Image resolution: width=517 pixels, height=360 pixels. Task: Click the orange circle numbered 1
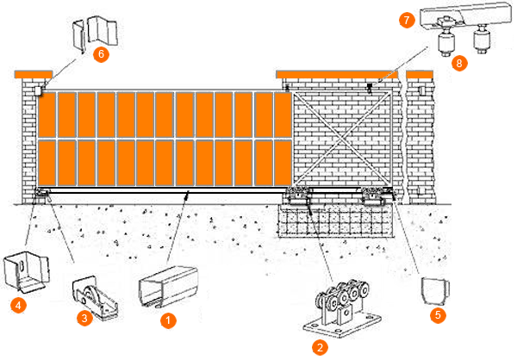pos(168,320)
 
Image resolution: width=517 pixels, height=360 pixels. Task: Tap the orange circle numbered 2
pos(320,347)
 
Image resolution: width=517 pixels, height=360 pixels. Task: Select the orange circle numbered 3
pos(84,318)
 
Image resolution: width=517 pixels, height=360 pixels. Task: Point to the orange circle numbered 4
pos(18,305)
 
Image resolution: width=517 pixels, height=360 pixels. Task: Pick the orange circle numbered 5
pos(438,315)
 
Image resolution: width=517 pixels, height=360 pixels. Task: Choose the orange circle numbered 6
pos(101,53)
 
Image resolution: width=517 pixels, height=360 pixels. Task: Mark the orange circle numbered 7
pos(407,21)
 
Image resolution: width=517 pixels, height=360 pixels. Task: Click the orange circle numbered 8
pos(459,63)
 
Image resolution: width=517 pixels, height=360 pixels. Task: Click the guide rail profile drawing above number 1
pos(168,286)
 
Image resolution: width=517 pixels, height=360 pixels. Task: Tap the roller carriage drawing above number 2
pos(341,308)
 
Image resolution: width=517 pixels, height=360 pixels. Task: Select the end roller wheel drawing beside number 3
pos(95,298)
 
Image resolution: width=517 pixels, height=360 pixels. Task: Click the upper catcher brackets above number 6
pos(95,33)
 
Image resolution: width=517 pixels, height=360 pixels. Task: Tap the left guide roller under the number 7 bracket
pos(446,41)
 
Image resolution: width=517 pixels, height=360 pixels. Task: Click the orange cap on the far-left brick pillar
pos(34,75)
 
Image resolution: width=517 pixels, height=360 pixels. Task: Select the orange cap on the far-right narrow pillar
pos(420,75)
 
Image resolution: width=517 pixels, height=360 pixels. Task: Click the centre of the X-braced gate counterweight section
pos(342,139)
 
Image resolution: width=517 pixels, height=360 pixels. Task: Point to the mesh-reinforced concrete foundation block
pos(336,220)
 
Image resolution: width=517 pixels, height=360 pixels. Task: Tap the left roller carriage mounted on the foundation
pos(298,196)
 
